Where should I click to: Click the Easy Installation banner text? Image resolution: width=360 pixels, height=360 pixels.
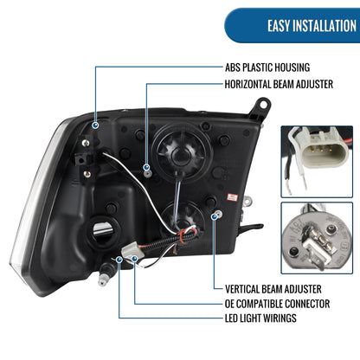click(x=312, y=26)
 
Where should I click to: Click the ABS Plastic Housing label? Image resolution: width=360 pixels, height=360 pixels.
click(x=267, y=67)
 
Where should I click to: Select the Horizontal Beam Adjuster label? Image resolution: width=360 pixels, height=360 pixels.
click(x=279, y=84)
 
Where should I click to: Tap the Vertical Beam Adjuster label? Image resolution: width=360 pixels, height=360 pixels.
click(x=273, y=289)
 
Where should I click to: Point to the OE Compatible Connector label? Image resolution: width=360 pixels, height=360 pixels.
click(x=277, y=304)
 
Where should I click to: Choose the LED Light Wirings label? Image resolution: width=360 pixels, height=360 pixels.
click(x=260, y=318)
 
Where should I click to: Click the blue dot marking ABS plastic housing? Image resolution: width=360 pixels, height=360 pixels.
click(x=95, y=125)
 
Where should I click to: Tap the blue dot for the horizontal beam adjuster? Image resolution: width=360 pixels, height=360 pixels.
click(x=146, y=167)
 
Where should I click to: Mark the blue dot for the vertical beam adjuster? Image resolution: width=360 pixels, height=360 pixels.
click(x=215, y=216)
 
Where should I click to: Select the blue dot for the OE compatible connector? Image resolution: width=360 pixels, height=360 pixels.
click(x=134, y=259)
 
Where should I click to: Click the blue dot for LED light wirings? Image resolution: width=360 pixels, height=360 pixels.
click(x=119, y=260)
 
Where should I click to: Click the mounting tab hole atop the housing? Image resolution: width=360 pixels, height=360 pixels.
click(x=264, y=104)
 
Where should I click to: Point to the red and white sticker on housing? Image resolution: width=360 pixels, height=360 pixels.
click(x=232, y=197)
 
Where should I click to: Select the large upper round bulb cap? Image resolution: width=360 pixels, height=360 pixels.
click(x=182, y=152)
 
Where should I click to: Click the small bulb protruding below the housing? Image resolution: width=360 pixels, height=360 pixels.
click(x=104, y=274)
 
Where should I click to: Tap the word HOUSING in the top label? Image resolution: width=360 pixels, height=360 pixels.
click(x=291, y=67)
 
